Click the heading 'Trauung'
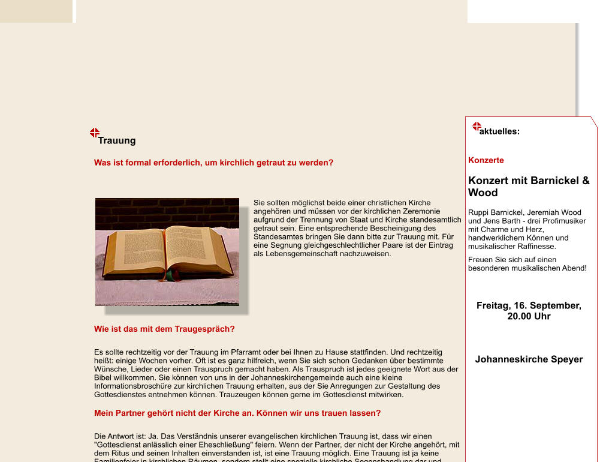pyautogui.click(x=117, y=141)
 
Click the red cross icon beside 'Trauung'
pyautogui.click(x=95, y=133)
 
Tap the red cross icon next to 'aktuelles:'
pyautogui.click(x=477, y=127)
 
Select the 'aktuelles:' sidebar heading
pyautogui.click(x=500, y=131)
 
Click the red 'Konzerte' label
pyautogui.click(x=486, y=160)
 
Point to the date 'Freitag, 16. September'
pyautogui.click(x=529, y=305)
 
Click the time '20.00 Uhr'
pyautogui.click(x=529, y=316)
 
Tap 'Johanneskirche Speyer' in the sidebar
pyautogui.click(x=529, y=359)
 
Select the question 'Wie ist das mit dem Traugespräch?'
pyautogui.click(x=164, y=329)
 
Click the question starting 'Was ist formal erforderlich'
pyautogui.click(x=213, y=163)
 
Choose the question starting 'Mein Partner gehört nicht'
pyautogui.click(x=237, y=413)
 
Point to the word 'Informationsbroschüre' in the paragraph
pyautogui.click(x=133, y=386)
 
